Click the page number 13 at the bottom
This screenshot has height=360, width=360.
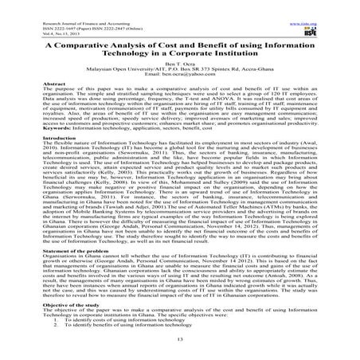click(x=180, y=341)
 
